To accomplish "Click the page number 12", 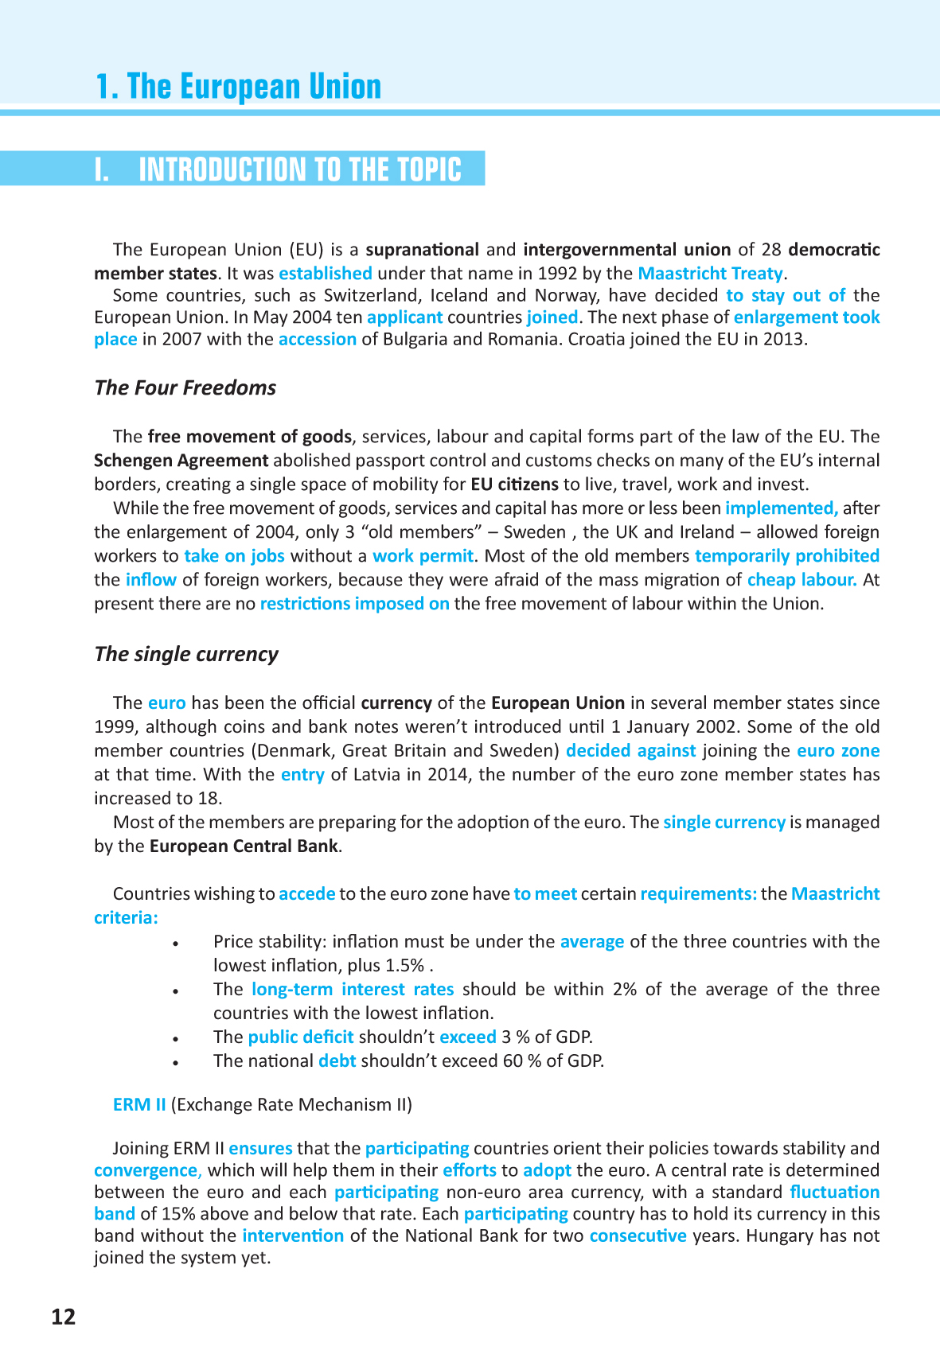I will [64, 1317].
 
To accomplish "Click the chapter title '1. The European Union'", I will [238, 86].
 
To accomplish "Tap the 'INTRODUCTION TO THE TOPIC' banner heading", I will [299, 169].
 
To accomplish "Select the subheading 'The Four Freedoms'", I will [185, 387].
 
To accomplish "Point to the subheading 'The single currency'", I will [186, 654].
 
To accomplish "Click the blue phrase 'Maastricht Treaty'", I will [710, 273].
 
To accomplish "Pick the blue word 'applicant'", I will [404, 317].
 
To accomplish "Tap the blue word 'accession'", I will [317, 339].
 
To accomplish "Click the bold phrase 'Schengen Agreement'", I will [181, 460].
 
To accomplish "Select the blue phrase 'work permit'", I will [423, 555].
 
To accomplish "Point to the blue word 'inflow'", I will [150, 579].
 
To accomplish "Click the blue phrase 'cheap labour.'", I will [802, 579].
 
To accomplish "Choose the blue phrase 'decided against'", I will [630, 750].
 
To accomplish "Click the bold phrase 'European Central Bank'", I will [244, 846].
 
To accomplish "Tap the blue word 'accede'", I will [306, 893].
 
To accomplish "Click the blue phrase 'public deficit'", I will [300, 1037].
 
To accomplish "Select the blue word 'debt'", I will [337, 1060].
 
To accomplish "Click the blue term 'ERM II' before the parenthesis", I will [139, 1104].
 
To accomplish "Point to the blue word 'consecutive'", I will [638, 1236].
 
